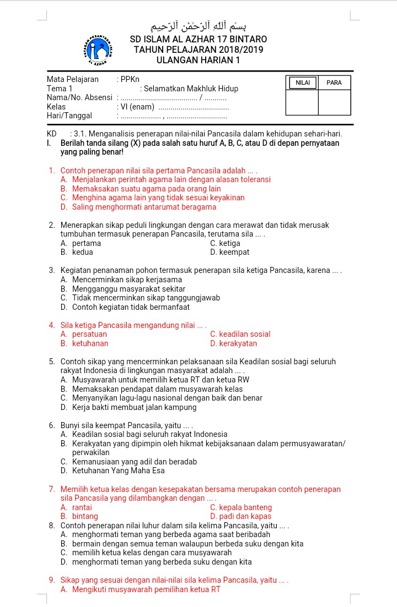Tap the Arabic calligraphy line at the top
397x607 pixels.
198,24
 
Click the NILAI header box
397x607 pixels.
302,83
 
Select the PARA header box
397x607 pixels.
334,83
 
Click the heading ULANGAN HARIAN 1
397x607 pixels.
198,60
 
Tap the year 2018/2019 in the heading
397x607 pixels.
234,50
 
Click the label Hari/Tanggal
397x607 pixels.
69,116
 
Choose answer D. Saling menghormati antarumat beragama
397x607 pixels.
138,207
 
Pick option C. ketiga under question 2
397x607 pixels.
225,243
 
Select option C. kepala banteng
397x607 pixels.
241,507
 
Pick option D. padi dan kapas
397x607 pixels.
240,516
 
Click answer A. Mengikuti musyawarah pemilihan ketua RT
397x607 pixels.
141,589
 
